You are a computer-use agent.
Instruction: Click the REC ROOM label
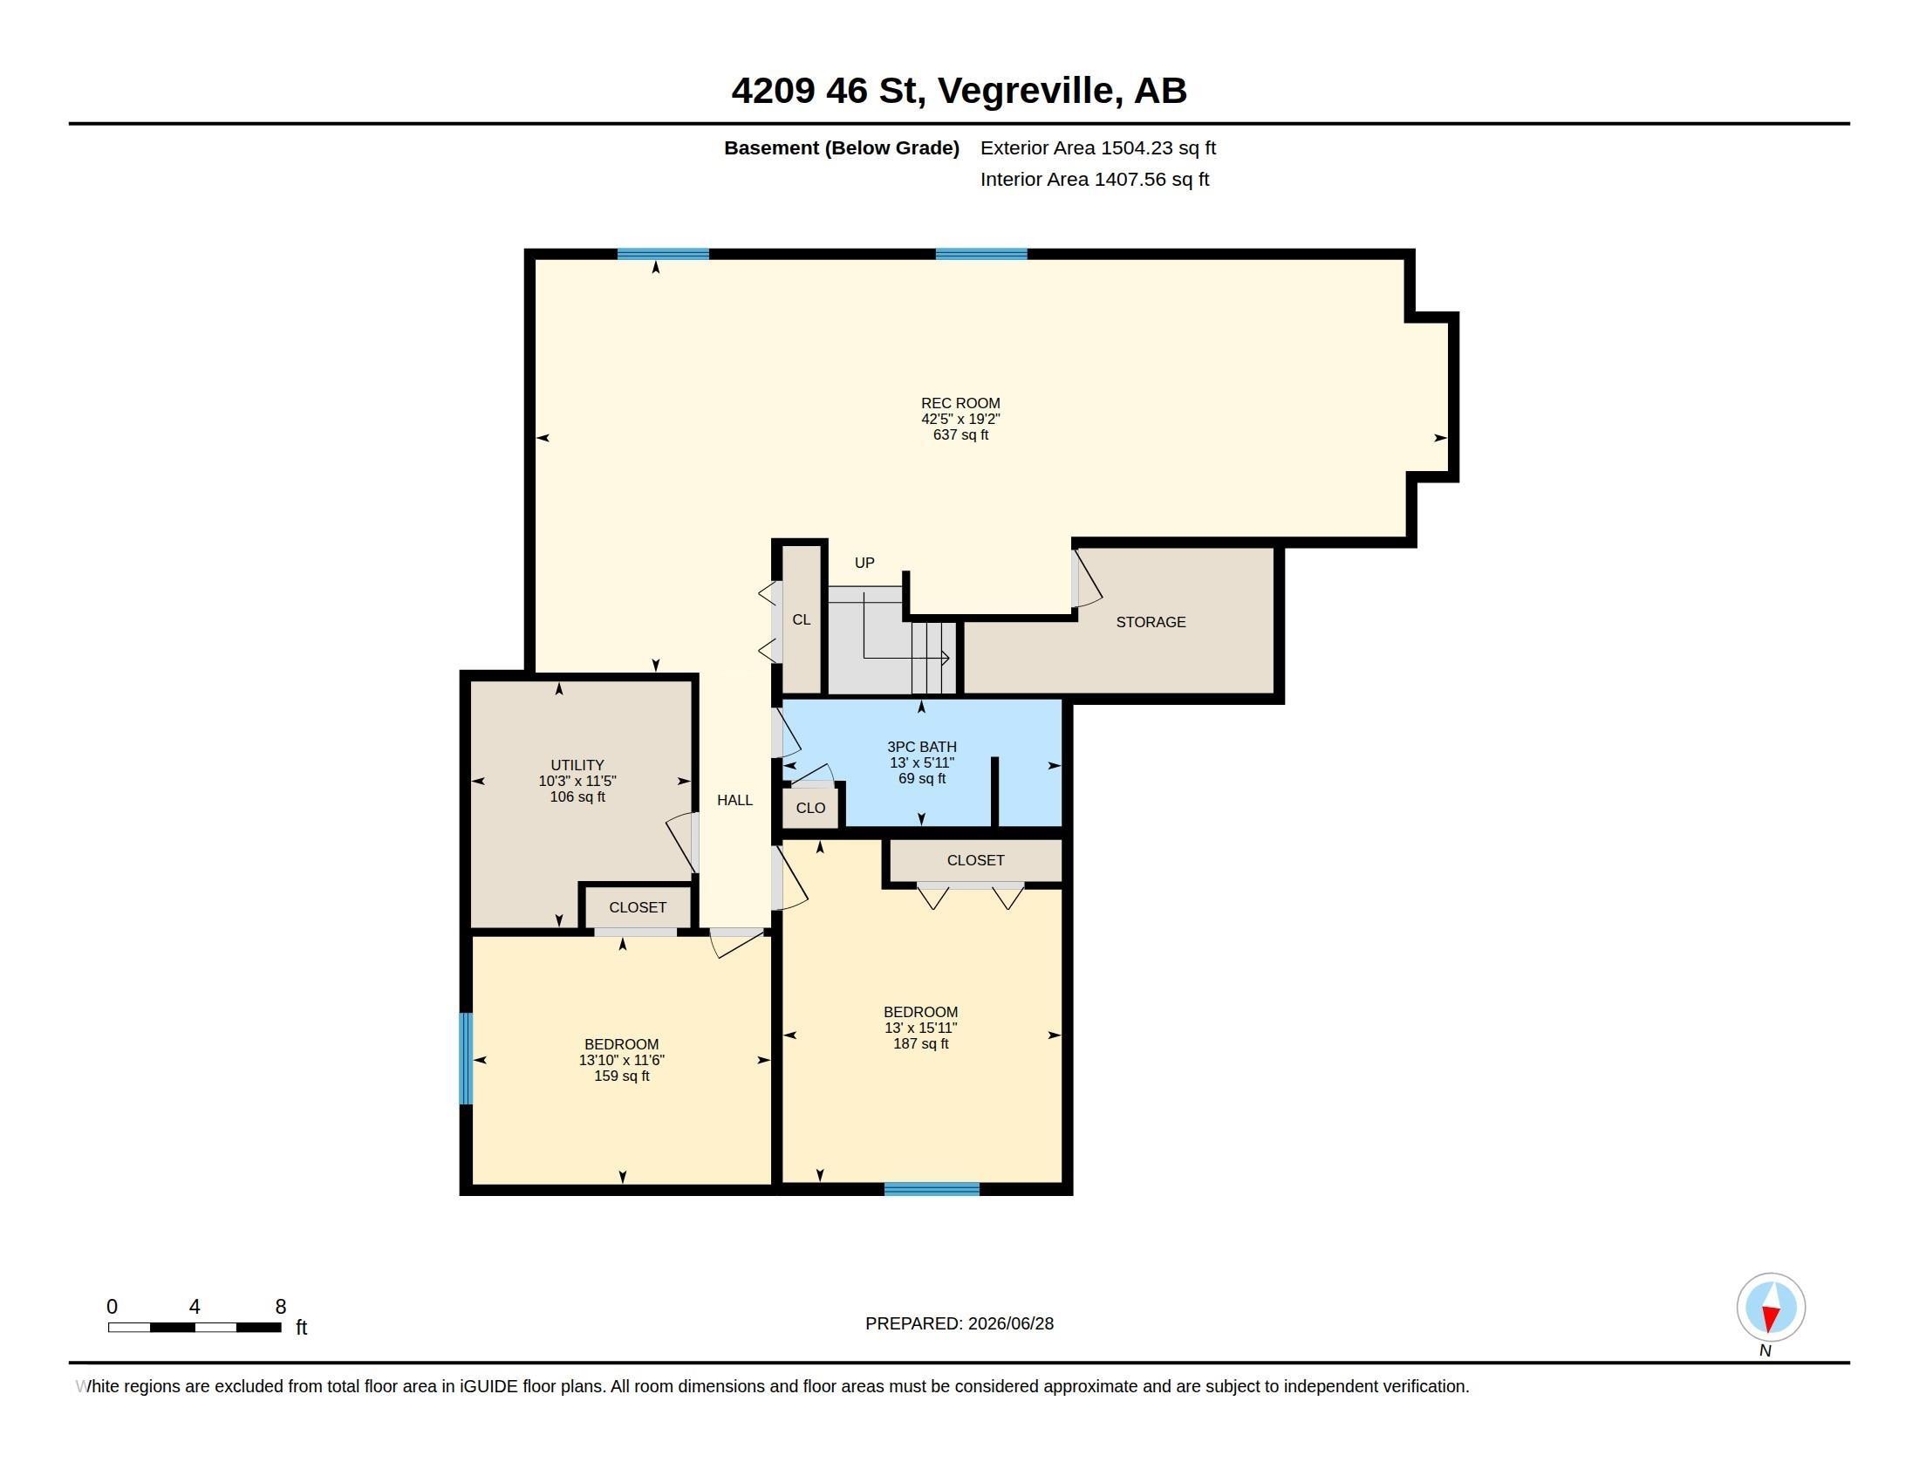point(960,403)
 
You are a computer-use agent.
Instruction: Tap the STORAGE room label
point(1151,622)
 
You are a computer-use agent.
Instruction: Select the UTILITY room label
point(577,765)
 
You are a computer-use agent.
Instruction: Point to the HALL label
point(734,800)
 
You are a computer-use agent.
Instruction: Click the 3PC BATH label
point(922,747)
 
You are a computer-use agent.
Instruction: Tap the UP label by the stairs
point(864,564)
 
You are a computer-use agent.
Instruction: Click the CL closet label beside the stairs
point(802,620)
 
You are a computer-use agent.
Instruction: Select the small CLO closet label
point(810,809)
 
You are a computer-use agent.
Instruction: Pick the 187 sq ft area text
point(921,1043)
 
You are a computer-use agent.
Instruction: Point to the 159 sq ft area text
point(621,1076)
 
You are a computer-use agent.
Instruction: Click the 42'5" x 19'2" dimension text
point(960,419)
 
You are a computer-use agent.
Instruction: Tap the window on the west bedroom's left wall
point(466,1059)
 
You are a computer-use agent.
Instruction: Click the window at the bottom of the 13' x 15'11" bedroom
point(932,1190)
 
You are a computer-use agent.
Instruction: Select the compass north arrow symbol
point(1771,1308)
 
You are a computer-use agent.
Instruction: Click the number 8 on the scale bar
point(281,1307)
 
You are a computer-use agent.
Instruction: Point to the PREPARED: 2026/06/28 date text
point(959,1324)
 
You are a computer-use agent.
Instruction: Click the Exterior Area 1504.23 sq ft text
point(1097,148)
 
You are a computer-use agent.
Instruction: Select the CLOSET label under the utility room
point(637,907)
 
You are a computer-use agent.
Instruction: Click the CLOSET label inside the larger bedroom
point(975,861)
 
